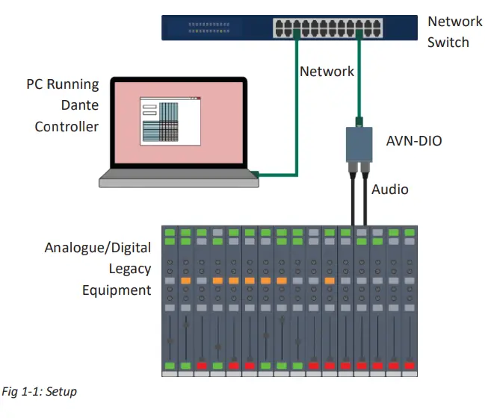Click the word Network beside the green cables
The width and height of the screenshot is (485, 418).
click(327, 72)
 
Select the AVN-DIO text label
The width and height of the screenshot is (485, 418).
click(413, 140)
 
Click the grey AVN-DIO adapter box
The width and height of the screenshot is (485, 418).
click(359, 144)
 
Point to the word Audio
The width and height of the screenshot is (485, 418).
click(390, 190)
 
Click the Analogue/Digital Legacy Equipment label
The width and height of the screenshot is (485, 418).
click(97, 268)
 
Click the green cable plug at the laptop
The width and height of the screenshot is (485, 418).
click(255, 175)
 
